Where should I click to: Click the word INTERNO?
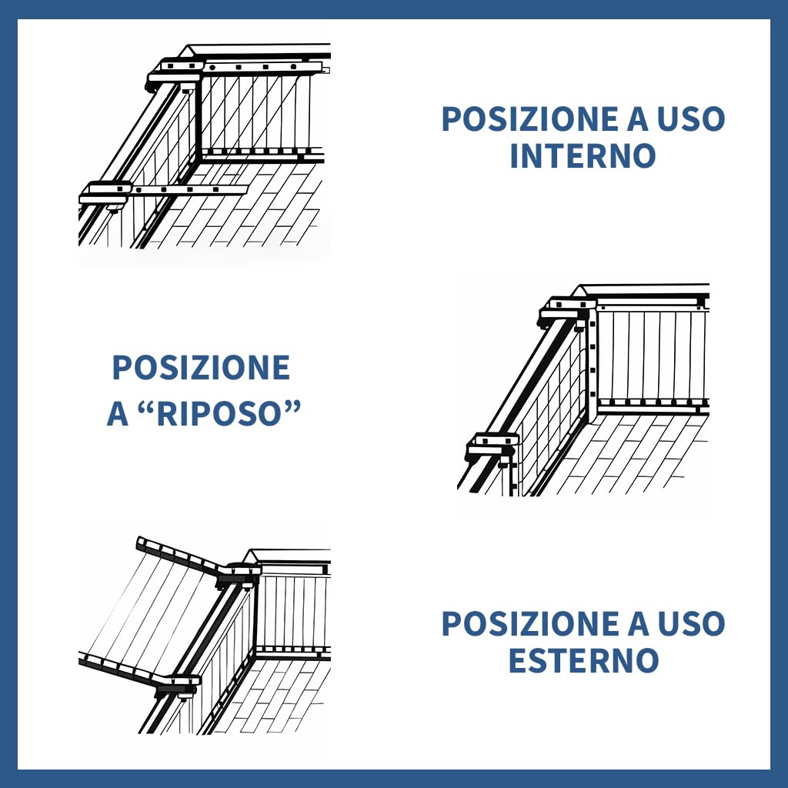point(583,155)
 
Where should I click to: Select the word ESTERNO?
point(583,660)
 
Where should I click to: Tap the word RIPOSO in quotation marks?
point(217,414)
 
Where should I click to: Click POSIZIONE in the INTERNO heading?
point(529,119)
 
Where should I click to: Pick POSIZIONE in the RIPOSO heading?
point(201,367)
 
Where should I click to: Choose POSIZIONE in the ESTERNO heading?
point(529,623)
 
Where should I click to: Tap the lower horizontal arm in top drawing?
point(190,190)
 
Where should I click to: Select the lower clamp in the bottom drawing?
point(178,686)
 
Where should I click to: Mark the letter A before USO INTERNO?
point(638,119)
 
